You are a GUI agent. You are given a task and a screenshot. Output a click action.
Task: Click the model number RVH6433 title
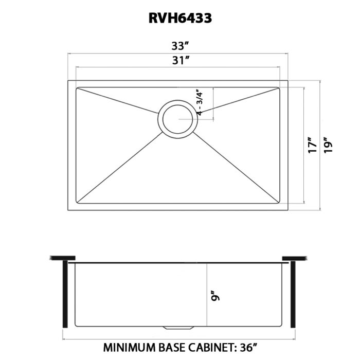(x=180, y=18)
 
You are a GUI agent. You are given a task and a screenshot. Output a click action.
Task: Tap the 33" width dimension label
(x=180, y=46)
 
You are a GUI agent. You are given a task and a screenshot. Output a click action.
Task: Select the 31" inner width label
(x=181, y=60)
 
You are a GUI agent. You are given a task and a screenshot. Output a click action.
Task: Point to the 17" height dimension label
(x=312, y=146)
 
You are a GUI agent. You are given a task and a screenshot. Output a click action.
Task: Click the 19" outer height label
(x=328, y=146)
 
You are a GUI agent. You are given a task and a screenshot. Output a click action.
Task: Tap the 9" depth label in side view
(x=216, y=296)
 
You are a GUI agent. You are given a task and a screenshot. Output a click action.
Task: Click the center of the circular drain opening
(x=178, y=119)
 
